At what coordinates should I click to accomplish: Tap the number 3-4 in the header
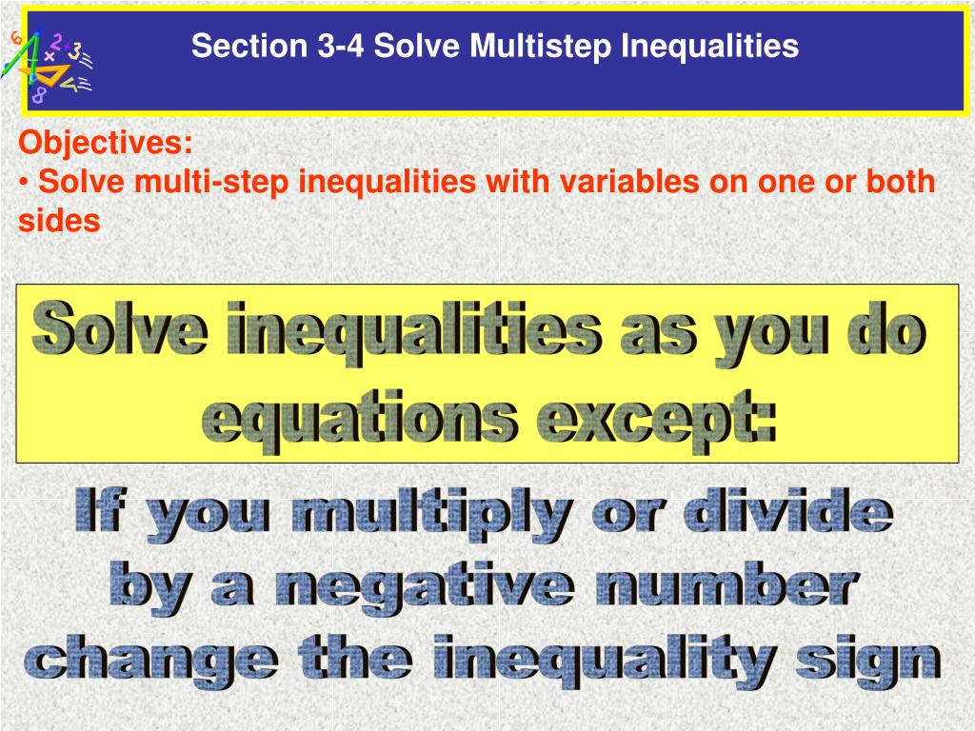(x=341, y=46)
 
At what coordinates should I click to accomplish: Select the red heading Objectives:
(x=105, y=144)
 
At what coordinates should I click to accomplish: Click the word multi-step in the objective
(x=211, y=183)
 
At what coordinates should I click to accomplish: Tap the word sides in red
(x=59, y=221)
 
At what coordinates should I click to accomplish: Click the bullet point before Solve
(x=24, y=183)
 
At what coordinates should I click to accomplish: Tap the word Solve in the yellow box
(x=120, y=330)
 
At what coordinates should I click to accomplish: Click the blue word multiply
(x=432, y=515)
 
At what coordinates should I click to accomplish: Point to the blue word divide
(x=787, y=510)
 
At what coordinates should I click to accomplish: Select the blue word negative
(x=425, y=588)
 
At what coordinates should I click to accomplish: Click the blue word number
(x=726, y=583)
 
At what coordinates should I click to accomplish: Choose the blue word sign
(x=868, y=662)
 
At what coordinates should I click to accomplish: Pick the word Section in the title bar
(x=249, y=46)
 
